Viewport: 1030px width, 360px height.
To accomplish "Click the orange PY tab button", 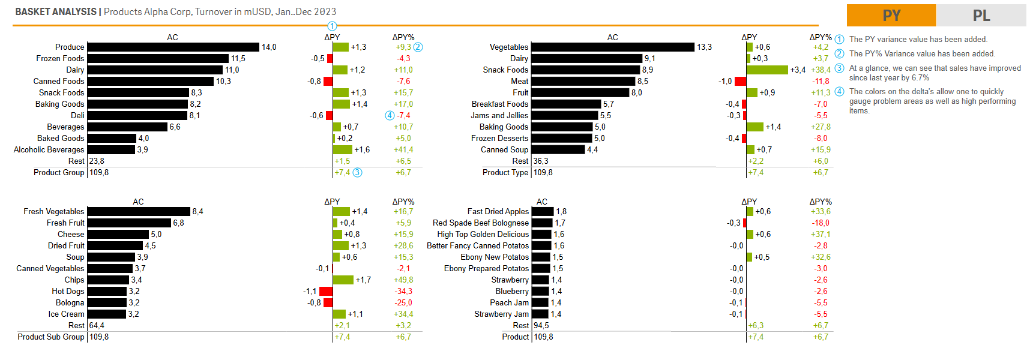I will pos(891,15).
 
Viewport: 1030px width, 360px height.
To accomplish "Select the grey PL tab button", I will pos(981,15).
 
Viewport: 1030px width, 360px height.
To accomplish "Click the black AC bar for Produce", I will pos(173,47).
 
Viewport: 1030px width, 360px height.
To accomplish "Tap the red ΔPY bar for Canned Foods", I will pos(328,81).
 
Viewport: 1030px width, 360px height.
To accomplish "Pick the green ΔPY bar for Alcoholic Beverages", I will pos(342,149).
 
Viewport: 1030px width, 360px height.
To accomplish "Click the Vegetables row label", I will pos(509,47).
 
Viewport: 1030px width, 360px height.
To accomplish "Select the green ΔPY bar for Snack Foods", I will pos(766,70).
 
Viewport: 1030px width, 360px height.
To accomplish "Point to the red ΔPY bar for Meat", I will pos(740,81).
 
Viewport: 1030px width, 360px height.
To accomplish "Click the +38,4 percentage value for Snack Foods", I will pos(821,70).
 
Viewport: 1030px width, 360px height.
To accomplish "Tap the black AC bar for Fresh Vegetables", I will pos(139,211).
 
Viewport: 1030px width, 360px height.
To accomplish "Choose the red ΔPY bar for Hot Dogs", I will pos(325,291).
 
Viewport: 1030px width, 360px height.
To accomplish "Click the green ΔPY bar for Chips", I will pos(343,280).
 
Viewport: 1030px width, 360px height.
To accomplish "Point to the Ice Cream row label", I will pos(66,314).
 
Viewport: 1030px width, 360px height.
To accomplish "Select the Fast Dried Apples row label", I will pos(498,211).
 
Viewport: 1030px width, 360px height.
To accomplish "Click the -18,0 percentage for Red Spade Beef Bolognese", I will pos(821,223).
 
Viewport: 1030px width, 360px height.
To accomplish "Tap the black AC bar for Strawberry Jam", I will pos(540,314).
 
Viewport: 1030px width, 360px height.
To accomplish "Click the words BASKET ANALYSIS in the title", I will pos(56,11).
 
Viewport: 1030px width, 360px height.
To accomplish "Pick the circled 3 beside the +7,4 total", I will pos(357,172).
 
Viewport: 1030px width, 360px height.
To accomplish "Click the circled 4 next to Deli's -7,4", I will pos(390,115).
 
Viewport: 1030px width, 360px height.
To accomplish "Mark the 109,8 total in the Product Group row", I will pos(99,172).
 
